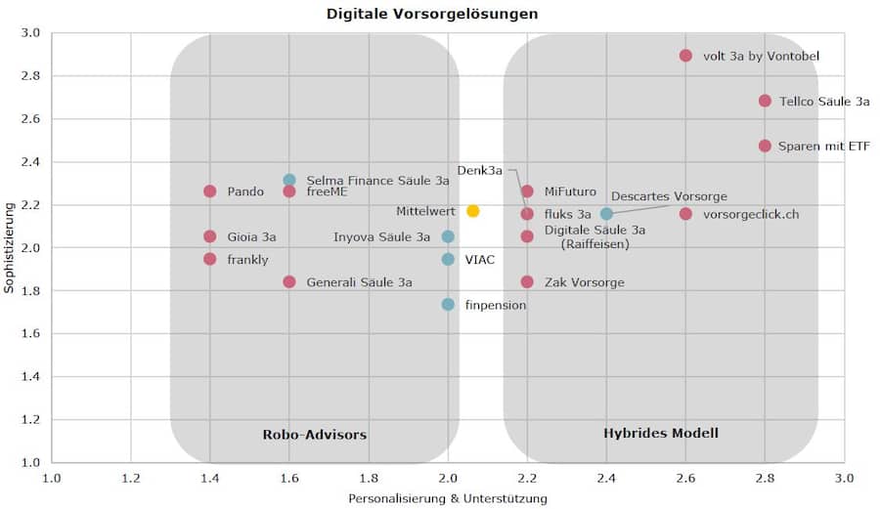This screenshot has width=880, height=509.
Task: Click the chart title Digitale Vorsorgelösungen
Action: click(431, 14)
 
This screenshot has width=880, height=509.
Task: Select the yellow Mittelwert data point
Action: click(473, 211)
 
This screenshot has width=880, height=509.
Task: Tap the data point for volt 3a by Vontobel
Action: click(685, 56)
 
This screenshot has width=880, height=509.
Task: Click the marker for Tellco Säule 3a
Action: click(765, 101)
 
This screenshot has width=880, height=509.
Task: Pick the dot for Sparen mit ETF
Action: click(765, 146)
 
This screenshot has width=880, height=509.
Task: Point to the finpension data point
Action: click(448, 304)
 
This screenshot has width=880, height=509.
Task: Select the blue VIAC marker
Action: click(448, 259)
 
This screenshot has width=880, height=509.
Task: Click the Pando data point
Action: click(209, 191)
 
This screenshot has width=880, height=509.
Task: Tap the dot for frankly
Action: click(209, 259)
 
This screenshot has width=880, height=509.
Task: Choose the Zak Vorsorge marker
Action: click(527, 281)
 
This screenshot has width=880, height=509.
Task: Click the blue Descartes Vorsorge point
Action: click(606, 213)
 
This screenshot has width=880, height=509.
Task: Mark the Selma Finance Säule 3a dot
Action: click(289, 180)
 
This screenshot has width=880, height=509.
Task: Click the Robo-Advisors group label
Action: click(314, 434)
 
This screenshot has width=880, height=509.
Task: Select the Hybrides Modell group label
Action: click(660, 432)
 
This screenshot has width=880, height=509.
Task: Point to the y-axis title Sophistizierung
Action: click(10, 246)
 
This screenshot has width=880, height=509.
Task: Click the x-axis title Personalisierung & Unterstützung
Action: click(448, 498)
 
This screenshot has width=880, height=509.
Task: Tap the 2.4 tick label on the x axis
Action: click(606, 478)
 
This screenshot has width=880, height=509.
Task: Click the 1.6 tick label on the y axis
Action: click(29, 333)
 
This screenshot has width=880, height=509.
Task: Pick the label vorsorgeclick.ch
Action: click(751, 214)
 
